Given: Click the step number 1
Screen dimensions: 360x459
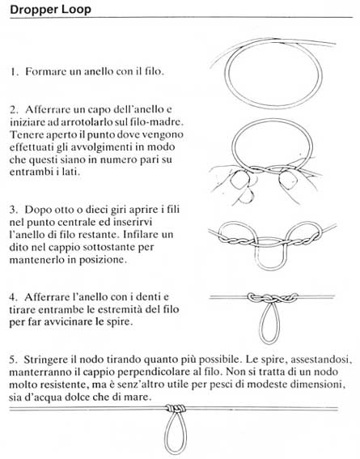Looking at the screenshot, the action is [15, 71].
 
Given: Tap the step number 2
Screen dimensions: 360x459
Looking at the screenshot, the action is [15, 108].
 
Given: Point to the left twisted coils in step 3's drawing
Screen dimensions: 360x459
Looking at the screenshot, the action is [238, 238].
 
